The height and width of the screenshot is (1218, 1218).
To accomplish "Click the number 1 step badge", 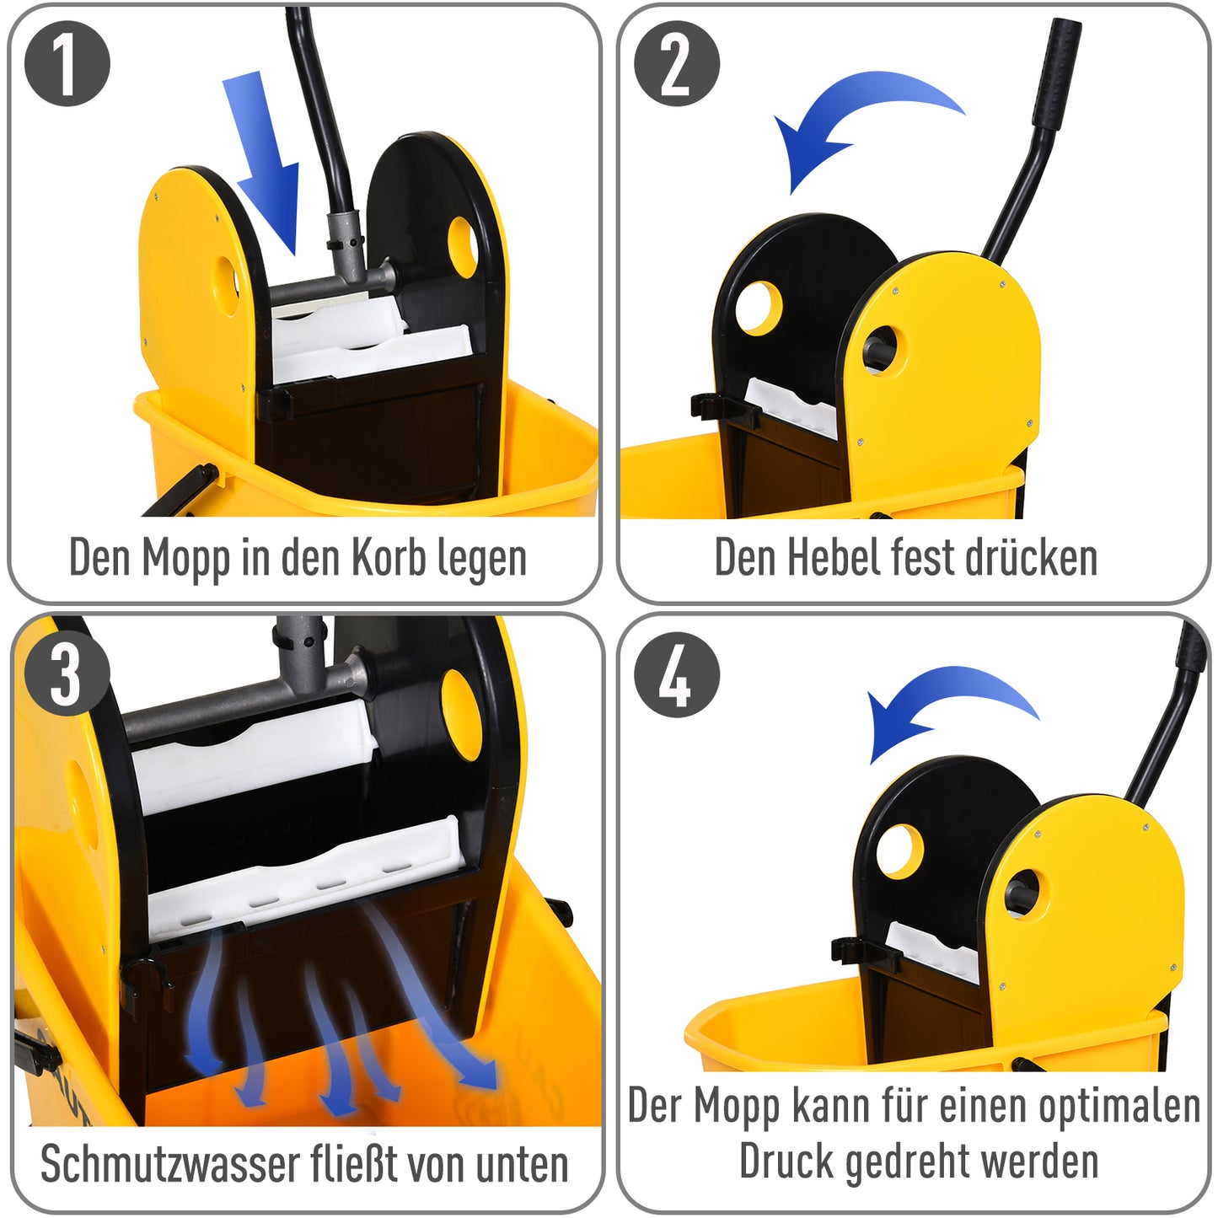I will click(67, 64).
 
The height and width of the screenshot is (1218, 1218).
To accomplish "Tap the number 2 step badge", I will click(676, 64).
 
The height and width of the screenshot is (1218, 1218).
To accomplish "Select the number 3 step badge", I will click(67, 673).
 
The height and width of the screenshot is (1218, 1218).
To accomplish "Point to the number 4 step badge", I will click(676, 675).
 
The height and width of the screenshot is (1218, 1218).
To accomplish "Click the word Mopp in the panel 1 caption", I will click(185, 559).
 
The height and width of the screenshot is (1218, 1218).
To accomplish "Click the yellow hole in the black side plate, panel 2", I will click(759, 308).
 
